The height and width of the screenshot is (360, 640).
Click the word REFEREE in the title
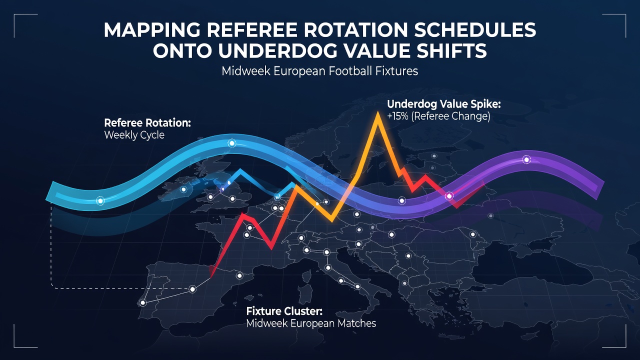[x=252, y=29]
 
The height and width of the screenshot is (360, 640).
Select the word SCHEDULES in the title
[x=475, y=29]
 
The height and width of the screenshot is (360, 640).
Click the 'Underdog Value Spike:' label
[x=443, y=104]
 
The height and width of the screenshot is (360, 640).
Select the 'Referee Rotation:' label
[x=147, y=123]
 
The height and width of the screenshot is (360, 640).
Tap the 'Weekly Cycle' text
[x=134, y=135]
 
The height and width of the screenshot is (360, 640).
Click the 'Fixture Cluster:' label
[x=284, y=311]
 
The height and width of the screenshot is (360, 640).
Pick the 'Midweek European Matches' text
[x=311, y=323]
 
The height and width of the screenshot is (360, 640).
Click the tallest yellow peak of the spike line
[x=377, y=113]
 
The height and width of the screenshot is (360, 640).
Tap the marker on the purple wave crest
[x=526, y=159]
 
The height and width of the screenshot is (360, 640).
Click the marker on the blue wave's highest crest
[x=231, y=143]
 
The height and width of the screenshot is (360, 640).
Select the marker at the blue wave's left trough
[x=100, y=201]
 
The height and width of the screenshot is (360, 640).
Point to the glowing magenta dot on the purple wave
[x=449, y=196]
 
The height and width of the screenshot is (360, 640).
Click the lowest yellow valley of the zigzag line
[x=331, y=220]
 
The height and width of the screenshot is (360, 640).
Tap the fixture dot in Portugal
[x=142, y=302]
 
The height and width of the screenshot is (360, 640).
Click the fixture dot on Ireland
[x=183, y=189]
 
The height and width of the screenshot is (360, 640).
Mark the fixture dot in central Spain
[x=192, y=289]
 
